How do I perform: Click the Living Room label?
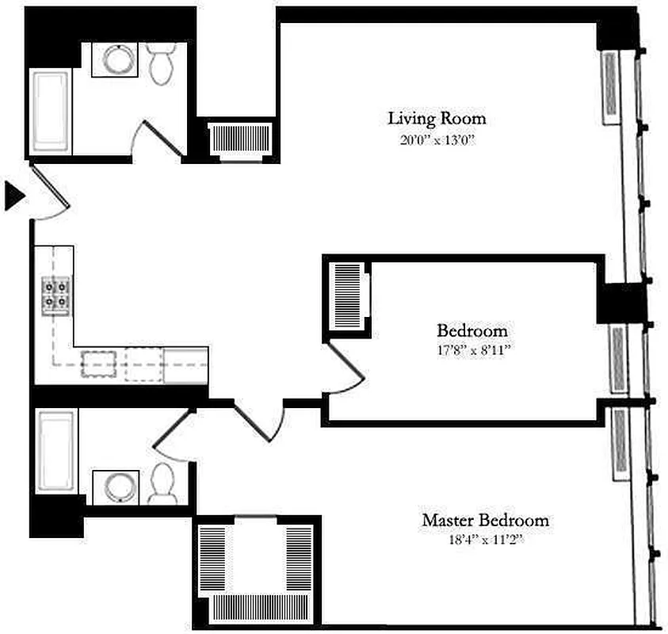(436, 119)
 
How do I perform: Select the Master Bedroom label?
(485, 521)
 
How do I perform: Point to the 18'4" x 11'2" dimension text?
(485, 541)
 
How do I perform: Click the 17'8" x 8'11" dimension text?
(472, 349)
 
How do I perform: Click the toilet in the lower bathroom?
(163, 483)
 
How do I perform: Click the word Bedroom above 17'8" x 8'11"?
(472, 330)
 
